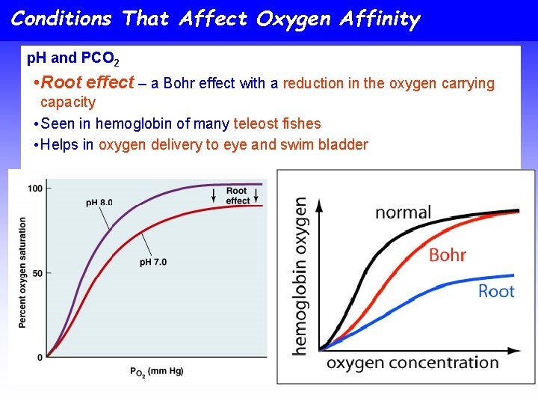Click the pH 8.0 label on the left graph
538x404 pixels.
point(99,203)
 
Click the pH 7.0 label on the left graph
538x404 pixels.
point(154,262)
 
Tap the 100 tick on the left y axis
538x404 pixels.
point(34,189)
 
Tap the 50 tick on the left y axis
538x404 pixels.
point(37,272)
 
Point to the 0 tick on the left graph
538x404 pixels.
point(40,358)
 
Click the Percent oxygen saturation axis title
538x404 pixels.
point(22,272)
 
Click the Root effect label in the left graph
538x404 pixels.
point(237,196)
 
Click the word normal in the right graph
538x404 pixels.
point(403,212)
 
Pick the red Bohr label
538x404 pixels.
point(448,255)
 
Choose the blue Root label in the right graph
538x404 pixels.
point(496,290)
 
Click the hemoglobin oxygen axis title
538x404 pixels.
point(300,275)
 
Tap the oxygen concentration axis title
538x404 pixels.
point(412,363)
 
